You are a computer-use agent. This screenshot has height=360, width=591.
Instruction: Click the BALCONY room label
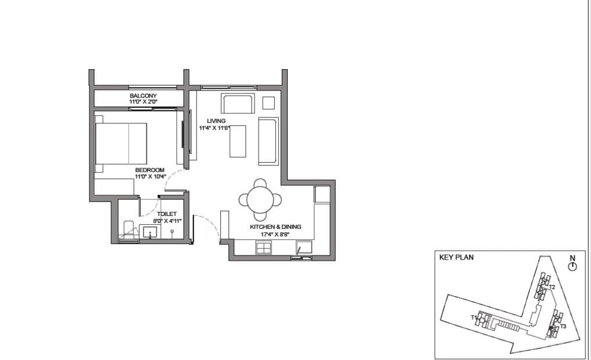point(143,96)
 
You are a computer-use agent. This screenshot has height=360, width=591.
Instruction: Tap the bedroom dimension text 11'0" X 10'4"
point(151,177)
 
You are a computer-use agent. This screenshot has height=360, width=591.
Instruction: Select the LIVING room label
point(216,121)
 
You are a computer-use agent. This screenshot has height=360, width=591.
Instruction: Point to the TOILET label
point(167,214)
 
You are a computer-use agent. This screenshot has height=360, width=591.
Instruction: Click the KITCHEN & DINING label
point(275,226)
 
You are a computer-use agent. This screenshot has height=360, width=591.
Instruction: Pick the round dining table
point(260,200)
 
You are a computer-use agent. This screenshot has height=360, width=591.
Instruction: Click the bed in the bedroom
point(121,143)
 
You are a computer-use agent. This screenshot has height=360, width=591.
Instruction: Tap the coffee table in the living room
point(238,141)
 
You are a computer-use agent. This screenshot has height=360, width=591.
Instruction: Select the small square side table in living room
point(268,103)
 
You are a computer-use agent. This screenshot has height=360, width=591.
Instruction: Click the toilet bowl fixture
point(128,229)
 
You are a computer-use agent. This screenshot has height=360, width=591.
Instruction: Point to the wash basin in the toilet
point(150,232)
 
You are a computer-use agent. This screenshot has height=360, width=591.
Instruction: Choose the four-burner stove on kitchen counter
point(264,248)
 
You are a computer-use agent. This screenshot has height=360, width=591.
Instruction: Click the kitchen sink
point(304,247)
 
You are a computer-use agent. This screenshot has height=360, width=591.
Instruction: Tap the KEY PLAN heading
point(456,258)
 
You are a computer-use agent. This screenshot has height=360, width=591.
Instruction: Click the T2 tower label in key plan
point(552,287)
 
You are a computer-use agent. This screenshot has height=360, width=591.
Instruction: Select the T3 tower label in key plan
point(563,326)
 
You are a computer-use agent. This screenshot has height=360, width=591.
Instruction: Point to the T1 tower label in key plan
point(474,318)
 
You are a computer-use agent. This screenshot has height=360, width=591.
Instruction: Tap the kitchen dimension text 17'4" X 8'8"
point(275,234)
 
